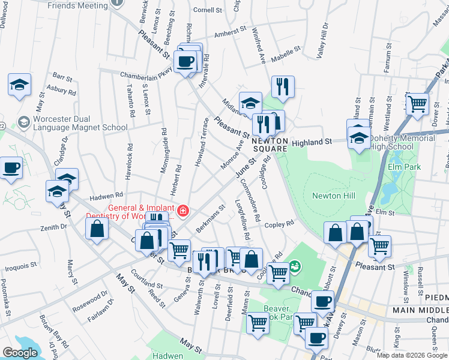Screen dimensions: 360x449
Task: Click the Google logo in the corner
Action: pyautogui.click(x=20, y=353)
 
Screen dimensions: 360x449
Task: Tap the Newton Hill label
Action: pyautogui.click(x=334, y=196)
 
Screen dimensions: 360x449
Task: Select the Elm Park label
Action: pyautogui.click(x=405, y=167)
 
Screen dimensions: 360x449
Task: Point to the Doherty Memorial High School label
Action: pyautogui.click(x=402, y=142)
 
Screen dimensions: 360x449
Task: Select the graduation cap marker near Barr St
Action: pyautogui.click(x=20, y=84)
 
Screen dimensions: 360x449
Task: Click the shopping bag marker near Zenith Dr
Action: pyautogui.click(x=97, y=228)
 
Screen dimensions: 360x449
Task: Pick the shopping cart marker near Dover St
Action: pyautogui.click(x=417, y=103)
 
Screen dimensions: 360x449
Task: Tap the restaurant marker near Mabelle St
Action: pyautogui.click(x=282, y=86)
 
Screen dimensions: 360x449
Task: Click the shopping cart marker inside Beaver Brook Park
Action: pyautogui.click(x=258, y=323)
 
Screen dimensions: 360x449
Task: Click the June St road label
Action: pyautogui.click(x=246, y=169)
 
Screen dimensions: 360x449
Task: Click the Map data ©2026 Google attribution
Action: pyautogui.click(x=412, y=355)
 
